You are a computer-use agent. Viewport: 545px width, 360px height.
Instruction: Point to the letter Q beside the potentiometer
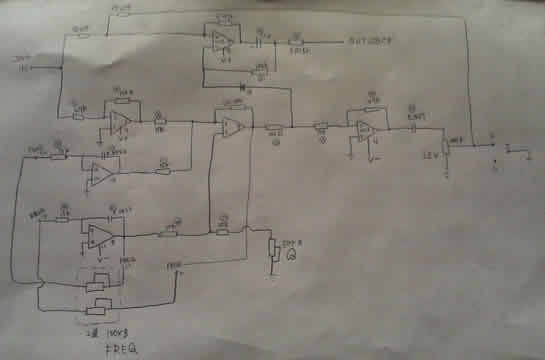[290, 256]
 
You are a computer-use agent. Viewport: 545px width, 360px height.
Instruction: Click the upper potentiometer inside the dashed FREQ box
[98, 281]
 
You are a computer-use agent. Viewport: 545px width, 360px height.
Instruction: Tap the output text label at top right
[372, 41]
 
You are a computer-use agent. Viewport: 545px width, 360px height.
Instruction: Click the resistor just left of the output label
[295, 42]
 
